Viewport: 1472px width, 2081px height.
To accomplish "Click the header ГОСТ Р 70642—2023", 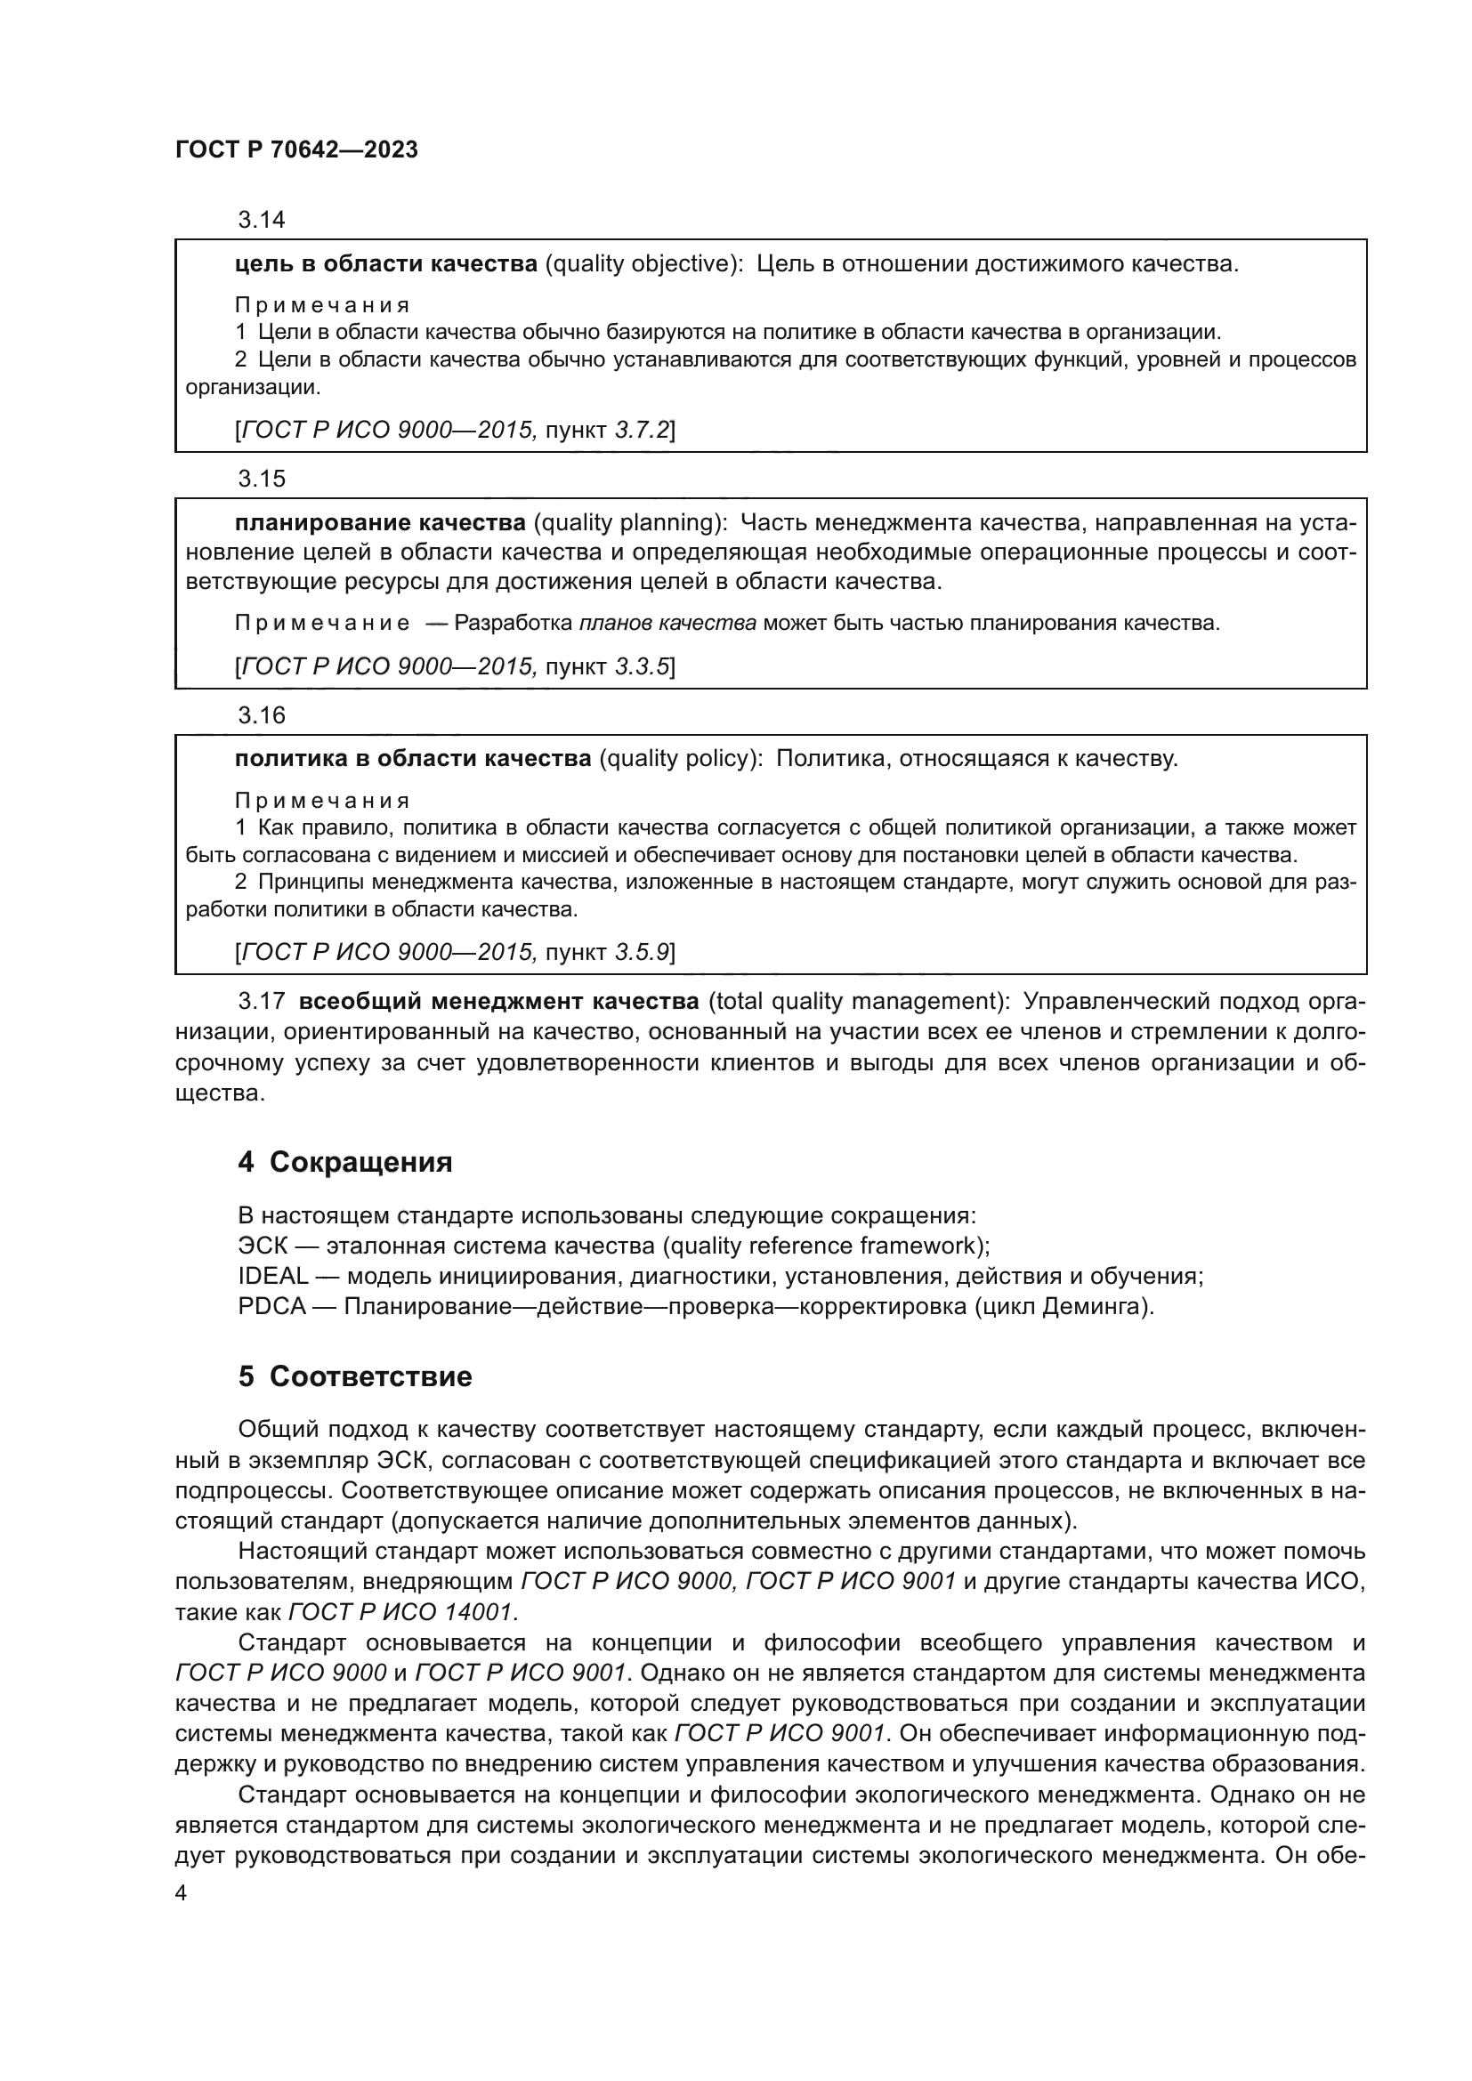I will point(296,150).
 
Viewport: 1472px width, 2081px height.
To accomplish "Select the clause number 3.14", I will point(261,220).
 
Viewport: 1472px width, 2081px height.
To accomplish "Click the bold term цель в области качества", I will point(386,263).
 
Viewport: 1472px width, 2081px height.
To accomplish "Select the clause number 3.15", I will point(261,479).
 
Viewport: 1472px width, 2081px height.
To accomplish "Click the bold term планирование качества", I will point(380,523).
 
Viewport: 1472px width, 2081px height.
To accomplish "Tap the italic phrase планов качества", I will point(667,624).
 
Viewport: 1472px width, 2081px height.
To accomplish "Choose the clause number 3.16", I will point(261,716).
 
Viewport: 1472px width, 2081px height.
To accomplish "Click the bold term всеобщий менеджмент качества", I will point(499,1002).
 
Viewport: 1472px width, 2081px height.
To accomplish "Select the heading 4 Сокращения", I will point(344,1162).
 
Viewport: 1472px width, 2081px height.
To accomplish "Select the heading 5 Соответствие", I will point(354,1376).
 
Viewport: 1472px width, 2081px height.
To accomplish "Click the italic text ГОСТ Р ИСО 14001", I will point(400,1612).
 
